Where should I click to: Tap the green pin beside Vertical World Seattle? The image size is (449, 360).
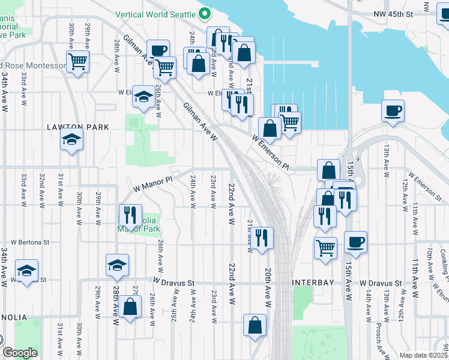[204, 13]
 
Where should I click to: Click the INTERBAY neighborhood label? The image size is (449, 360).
[311, 282]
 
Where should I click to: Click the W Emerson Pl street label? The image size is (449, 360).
[271, 154]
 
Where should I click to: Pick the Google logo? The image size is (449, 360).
[20, 353]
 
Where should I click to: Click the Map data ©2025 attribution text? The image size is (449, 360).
[423, 355]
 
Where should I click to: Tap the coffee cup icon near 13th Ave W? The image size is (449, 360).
[393, 110]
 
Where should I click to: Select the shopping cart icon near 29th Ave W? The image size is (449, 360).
[78, 61]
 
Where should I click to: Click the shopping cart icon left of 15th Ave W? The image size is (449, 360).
[325, 247]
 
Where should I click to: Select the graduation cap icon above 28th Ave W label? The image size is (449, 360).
[117, 264]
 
